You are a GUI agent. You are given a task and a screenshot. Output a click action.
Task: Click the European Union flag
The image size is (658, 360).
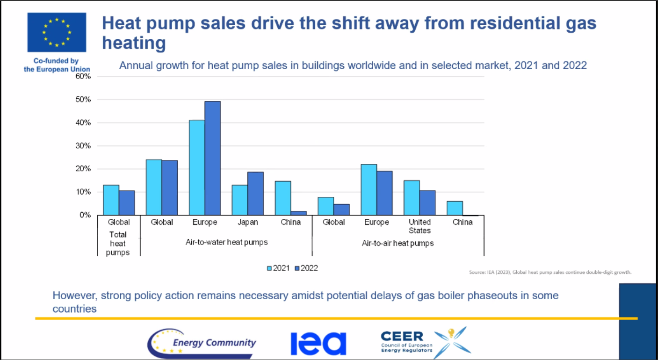57,32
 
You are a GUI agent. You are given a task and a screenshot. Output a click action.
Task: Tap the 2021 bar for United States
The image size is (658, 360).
412,197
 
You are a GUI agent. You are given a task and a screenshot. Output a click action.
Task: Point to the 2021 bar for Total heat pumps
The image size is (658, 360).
111,200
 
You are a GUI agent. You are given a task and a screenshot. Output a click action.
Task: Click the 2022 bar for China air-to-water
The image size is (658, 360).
298,213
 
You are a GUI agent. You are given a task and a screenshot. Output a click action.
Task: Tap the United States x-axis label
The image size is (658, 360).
419,226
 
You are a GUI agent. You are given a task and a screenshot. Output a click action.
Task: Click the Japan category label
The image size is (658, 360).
247,222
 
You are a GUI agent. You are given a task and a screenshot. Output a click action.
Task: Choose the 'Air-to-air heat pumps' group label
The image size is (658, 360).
398,243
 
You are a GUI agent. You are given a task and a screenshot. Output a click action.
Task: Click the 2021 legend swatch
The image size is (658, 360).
269,268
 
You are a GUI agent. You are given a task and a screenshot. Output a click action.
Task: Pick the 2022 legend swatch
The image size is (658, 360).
297,268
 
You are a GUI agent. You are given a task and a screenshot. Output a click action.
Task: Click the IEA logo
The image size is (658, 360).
318,343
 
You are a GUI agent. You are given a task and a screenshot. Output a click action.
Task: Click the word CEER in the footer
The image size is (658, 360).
402,336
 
